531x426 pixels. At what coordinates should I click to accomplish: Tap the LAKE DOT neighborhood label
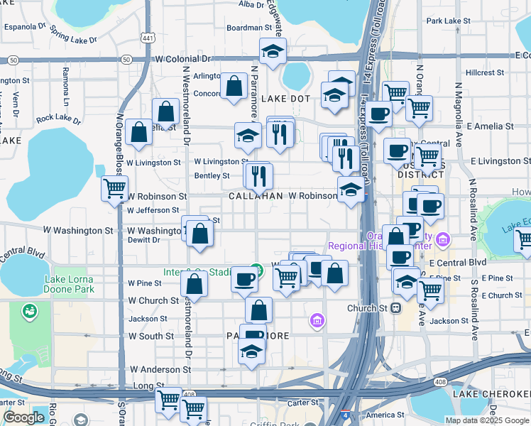(287, 99)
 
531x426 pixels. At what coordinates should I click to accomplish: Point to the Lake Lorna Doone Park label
(69, 284)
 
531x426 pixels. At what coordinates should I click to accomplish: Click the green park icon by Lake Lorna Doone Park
(29, 311)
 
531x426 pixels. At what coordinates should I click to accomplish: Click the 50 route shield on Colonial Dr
(126, 60)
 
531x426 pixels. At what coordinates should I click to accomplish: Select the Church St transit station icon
(396, 308)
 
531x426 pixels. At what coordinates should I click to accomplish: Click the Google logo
(23, 417)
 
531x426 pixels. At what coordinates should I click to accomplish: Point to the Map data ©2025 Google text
(487, 420)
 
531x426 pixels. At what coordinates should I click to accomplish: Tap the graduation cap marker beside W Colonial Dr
(272, 51)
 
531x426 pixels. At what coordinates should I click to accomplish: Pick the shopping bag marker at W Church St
(193, 284)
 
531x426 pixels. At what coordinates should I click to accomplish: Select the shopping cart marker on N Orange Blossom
(114, 189)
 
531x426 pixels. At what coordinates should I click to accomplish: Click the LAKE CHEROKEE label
(491, 394)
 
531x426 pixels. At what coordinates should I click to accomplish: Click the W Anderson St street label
(160, 370)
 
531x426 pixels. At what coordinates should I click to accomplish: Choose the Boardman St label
(249, 28)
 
